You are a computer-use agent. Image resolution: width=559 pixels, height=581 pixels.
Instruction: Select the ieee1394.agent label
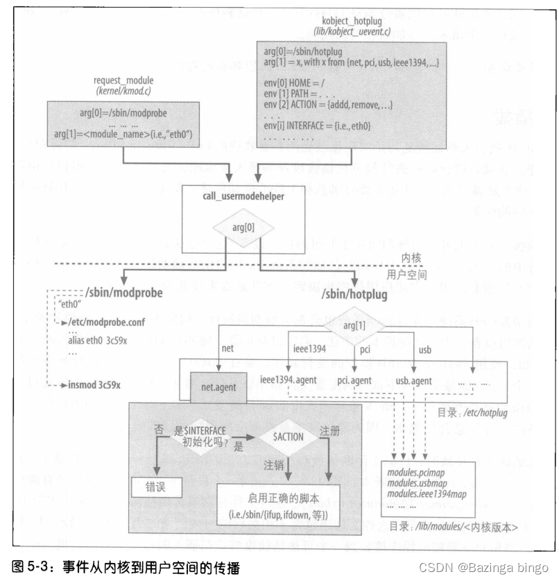coord(289,381)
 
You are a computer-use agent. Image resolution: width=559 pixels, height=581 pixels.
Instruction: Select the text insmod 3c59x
coord(92,383)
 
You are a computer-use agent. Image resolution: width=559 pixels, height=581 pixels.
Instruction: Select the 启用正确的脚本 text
coord(283,498)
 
